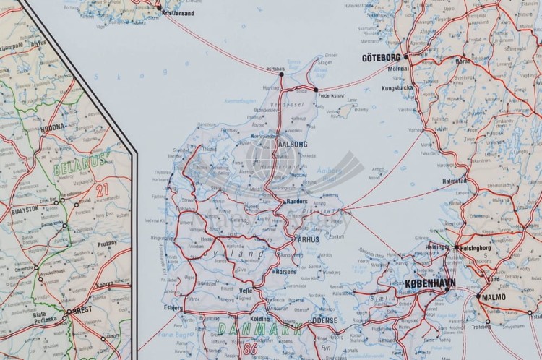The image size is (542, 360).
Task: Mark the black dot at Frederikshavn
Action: click(316, 90)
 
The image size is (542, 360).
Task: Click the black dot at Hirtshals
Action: click(281, 74)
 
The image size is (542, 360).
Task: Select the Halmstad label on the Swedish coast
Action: click(454, 181)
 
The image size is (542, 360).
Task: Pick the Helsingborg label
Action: click(476, 248)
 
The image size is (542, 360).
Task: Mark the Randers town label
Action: click(297, 202)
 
